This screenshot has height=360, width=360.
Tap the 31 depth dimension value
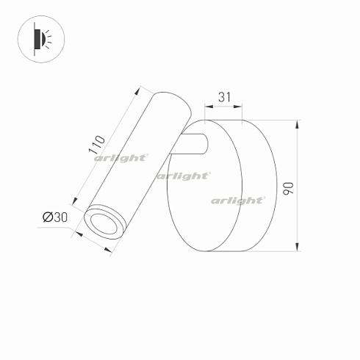tap(224, 96)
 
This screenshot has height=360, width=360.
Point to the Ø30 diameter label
tap(54, 217)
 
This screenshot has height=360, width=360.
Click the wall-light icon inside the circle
tap(40, 37)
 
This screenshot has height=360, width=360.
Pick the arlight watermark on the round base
tap(237, 199)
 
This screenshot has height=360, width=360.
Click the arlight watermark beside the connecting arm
tap(184, 175)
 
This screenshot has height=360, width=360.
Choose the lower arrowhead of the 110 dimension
tap(73, 201)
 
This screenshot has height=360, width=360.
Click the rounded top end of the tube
tap(170, 99)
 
